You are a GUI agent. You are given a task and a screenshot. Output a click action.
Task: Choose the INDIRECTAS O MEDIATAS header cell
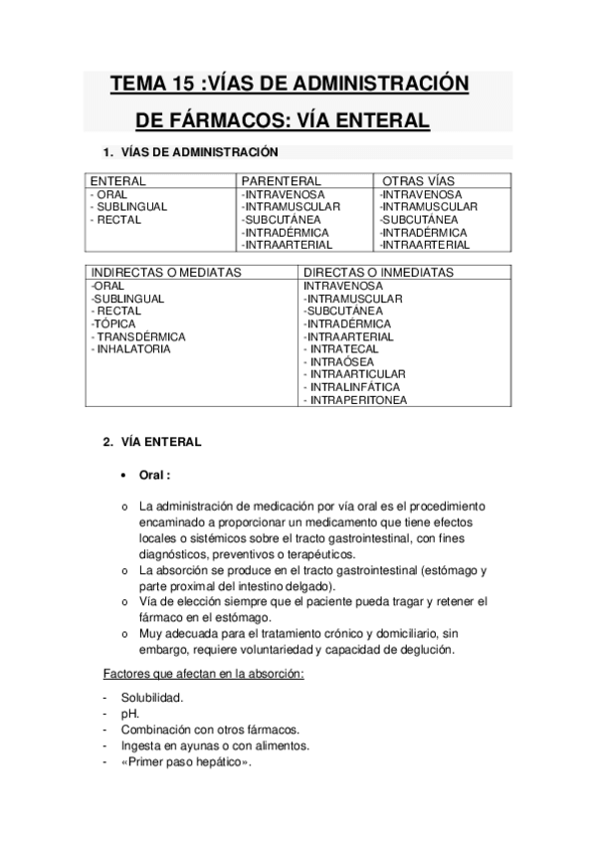[166, 272]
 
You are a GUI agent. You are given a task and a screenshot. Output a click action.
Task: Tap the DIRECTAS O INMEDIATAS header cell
[378, 272]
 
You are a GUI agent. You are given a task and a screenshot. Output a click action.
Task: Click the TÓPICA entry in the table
[115, 323]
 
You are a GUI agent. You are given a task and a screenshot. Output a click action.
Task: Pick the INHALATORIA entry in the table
[131, 349]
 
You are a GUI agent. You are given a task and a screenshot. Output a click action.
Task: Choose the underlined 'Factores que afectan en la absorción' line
[203, 674]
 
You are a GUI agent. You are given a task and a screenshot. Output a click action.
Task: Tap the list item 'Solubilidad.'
[153, 700]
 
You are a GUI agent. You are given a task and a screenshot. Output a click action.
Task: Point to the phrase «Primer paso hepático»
[186, 762]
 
